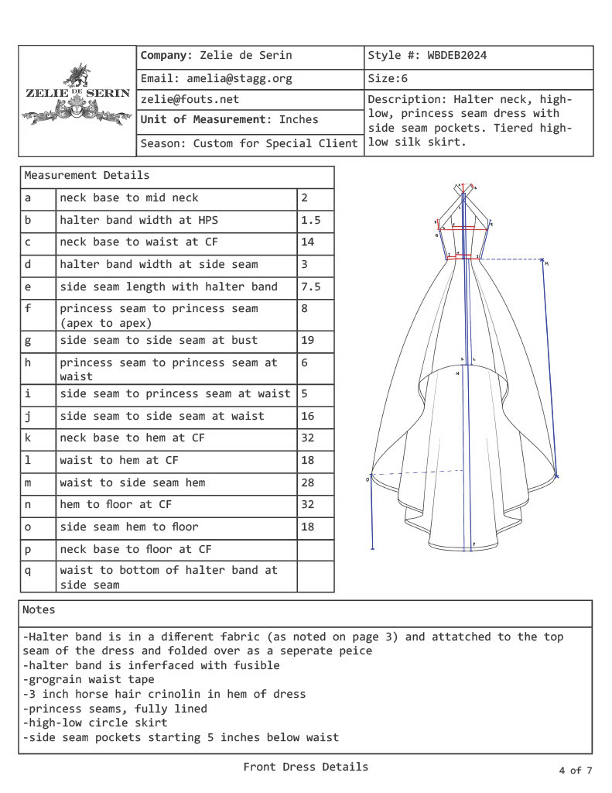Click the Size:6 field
(388, 78)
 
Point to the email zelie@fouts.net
(190, 99)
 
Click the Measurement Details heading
(87, 176)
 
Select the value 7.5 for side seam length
(310, 287)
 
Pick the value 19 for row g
(307, 340)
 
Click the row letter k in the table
(28, 438)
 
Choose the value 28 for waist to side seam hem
(307, 482)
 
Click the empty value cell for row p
(315, 549)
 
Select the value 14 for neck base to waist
(307, 242)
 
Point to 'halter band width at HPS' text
(139, 220)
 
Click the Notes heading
(39, 609)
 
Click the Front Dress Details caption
(306, 767)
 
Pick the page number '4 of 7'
(575, 770)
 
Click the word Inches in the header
(299, 120)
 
